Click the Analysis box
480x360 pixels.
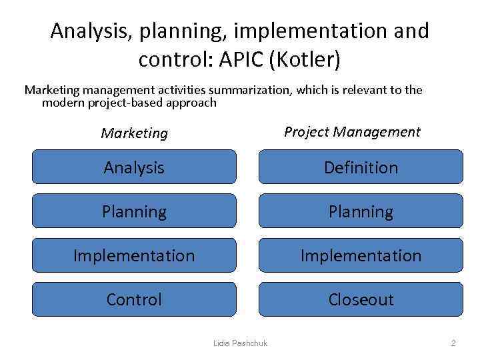134,167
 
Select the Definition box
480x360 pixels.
361,167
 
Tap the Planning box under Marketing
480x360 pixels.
134,211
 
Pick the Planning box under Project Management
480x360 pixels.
361,211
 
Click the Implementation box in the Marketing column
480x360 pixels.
134,255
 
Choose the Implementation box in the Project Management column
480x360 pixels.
361,255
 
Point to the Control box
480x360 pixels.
134,299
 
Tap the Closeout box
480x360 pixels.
361,299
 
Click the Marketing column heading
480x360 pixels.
135,133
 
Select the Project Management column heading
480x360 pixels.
352,131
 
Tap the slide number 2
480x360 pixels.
453,343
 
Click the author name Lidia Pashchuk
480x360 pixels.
240,343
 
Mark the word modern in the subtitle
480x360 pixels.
62,103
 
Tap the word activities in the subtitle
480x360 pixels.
182,89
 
